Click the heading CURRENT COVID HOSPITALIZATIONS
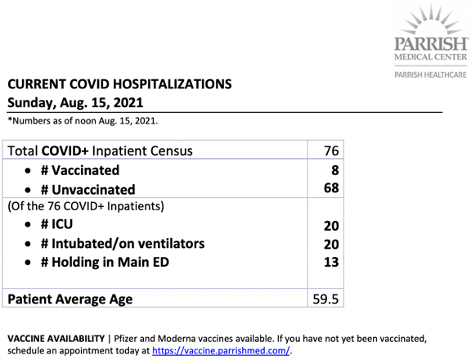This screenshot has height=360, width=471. pyautogui.click(x=120, y=83)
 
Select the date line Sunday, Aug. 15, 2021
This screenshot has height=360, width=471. pyautogui.click(x=76, y=103)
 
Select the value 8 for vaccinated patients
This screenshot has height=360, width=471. pyautogui.click(x=334, y=170)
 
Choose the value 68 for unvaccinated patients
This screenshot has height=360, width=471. pyautogui.click(x=330, y=189)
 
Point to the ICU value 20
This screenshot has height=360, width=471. pyautogui.click(x=330, y=226)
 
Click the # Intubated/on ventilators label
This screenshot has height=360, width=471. pyautogui.click(x=114, y=244)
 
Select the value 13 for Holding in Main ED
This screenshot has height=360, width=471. pyautogui.click(x=330, y=262)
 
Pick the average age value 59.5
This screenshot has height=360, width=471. pyautogui.click(x=325, y=299)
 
